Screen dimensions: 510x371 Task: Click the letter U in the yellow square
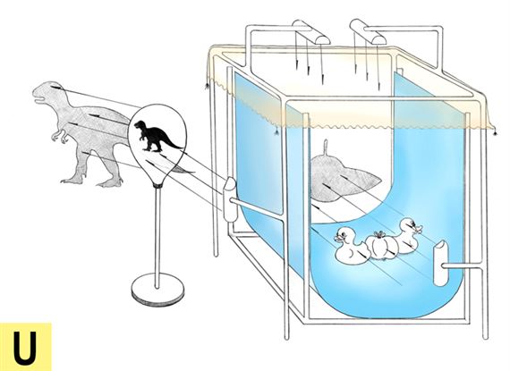pos(24,349)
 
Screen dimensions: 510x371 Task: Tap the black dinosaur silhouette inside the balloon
pos(156,136)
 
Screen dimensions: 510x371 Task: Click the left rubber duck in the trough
pos(350,245)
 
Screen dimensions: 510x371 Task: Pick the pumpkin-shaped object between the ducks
pos(381,246)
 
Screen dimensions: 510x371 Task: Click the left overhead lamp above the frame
pos(311,31)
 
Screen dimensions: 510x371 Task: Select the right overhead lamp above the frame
pos(368,31)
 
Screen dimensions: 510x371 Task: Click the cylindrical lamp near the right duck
pos(441,263)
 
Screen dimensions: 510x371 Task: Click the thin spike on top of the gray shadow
pos(326,148)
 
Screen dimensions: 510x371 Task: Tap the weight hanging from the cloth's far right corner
pos(496,132)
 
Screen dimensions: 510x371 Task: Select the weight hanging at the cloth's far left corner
pos(207,86)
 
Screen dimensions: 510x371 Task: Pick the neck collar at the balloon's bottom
pos(157,186)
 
